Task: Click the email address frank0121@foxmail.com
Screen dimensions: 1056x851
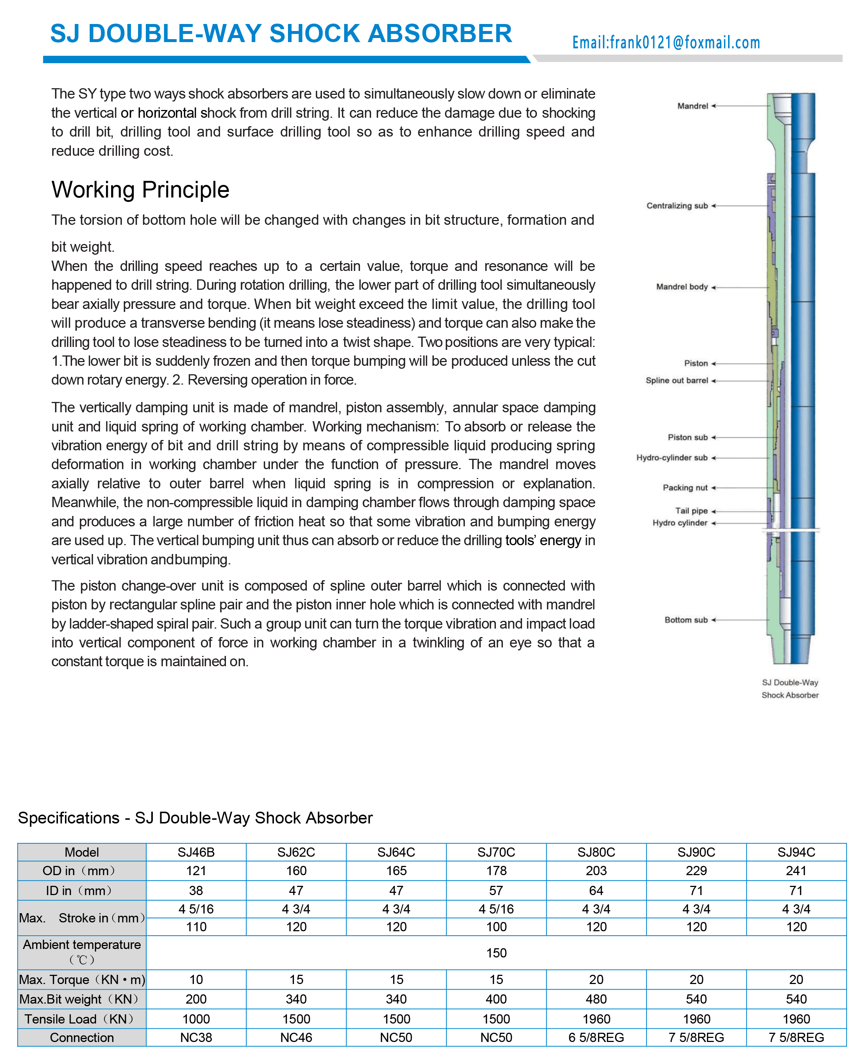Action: click(x=666, y=43)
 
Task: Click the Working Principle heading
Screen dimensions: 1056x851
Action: click(x=140, y=190)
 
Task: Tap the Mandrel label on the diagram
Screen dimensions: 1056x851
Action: click(x=692, y=106)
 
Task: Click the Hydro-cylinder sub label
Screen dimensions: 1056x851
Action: click(x=672, y=458)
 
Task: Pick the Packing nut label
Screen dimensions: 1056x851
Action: click(x=685, y=488)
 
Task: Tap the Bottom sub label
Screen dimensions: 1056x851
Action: click(x=686, y=620)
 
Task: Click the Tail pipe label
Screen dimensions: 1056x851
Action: click(x=691, y=510)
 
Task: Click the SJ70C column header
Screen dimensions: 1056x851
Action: click(x=496, y=852)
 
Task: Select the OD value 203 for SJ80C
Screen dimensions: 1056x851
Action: click(x=596, y=871)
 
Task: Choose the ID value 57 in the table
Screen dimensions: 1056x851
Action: click(x=496, y=890)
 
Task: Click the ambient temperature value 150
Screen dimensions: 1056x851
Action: click(x=496, y=953)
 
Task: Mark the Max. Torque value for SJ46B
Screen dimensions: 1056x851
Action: click(x=196, y=980)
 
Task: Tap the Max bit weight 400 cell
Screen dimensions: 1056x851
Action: click(x=496, y=999)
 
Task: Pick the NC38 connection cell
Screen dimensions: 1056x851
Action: click(x=196, y=1038)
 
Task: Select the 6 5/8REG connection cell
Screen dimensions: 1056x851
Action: click(x=596, y=1038)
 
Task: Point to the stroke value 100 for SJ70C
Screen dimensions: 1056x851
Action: click(x=496, y=927)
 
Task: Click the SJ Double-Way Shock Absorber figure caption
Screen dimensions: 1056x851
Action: click(x=790, y=688)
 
